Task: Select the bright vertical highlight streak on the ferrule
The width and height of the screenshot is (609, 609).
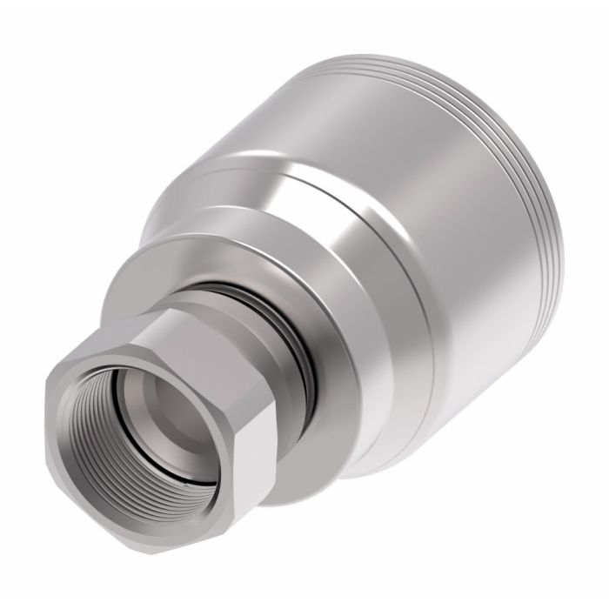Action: pyautogui.click(x=348, y=261)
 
